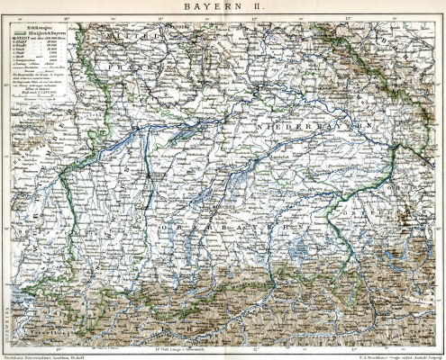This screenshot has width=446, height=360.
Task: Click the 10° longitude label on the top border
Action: pos(79,17)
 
